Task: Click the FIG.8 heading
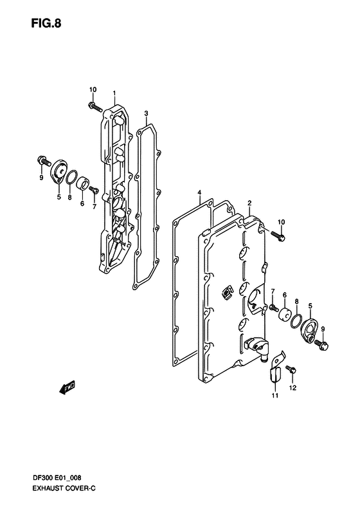[46, 23]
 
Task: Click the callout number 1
[114, 93]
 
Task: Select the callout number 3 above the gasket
[147, 113]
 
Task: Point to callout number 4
[199, 193]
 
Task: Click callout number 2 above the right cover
[249, 203]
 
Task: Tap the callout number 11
[275, 395]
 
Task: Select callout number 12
[292, 387]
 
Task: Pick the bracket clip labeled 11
[275, 367]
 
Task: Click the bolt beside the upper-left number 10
[94, 106]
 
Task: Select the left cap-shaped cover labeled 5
[59, 172]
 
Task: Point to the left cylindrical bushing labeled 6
[83, 183]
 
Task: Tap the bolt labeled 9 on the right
[321, 344]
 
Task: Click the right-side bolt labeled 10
[278, 236]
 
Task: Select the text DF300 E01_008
[56, 478]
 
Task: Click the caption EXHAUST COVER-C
[63, 488]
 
